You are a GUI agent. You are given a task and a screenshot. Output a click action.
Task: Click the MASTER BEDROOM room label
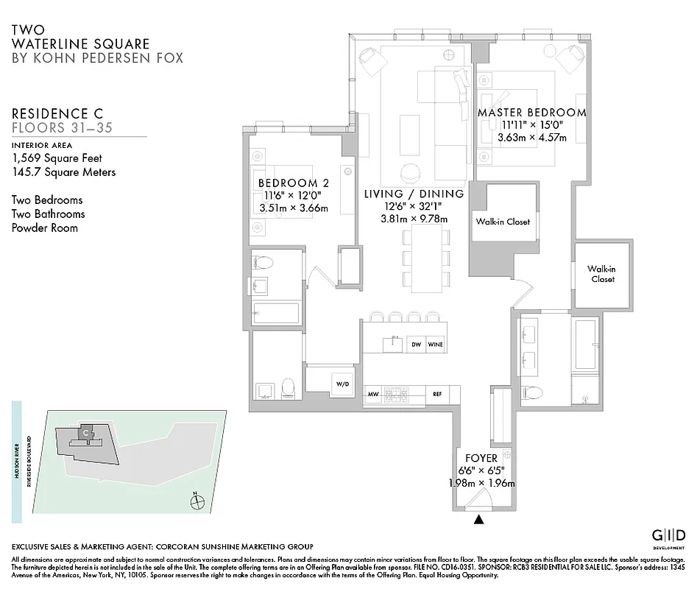pos(531,113)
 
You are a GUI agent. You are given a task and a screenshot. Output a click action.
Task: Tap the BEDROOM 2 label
pos(293,183)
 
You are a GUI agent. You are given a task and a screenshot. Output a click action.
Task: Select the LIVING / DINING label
pos(414,194)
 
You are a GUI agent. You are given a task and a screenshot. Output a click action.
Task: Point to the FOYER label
pos(482,457)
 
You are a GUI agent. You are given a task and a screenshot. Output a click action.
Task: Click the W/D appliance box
pos(343,384)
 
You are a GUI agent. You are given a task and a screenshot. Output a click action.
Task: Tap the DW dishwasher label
pos(416,344)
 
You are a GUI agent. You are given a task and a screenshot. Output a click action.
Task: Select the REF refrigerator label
pos(436,395)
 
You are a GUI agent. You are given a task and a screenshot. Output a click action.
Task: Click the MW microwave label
pos(374,395)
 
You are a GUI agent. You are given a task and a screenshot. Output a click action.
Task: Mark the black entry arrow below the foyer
pos(480,520)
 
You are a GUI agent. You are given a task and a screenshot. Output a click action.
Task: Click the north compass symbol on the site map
pos(197,503)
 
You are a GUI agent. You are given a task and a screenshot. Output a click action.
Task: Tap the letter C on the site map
pos(86,433)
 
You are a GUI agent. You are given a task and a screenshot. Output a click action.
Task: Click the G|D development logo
pos(670,535)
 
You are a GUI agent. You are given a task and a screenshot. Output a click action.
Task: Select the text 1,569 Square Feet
pos(57,158)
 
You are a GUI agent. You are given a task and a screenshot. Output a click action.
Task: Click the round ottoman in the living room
pos(409,174)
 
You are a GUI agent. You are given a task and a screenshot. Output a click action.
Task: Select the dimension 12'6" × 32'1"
pos(414,206)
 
